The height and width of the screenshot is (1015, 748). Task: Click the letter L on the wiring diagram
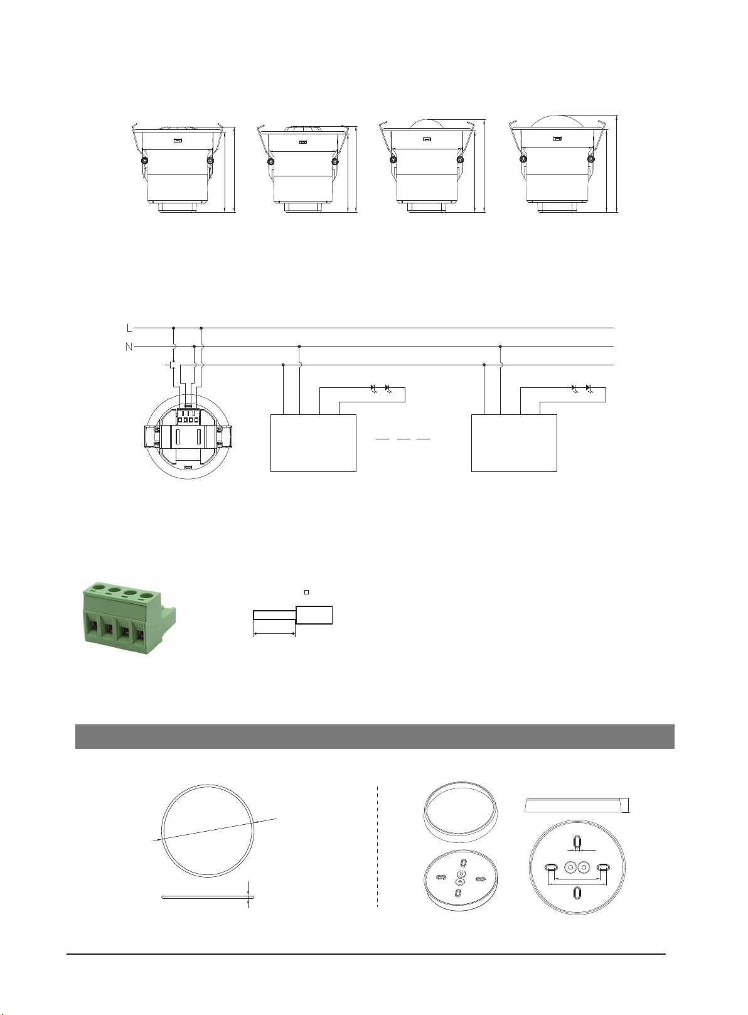pos(129,328)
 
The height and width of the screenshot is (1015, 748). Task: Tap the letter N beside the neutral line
pos(129,346)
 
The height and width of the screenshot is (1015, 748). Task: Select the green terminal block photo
pos(129,616)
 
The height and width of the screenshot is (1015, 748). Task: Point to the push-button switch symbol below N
pos(171,364)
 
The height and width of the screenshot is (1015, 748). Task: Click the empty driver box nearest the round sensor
pos(313,443)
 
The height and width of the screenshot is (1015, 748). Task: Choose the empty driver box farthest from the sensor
pos(514,443)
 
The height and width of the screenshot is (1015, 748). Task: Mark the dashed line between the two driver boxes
pos(403,439)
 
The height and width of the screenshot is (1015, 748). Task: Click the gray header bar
pos(375,736)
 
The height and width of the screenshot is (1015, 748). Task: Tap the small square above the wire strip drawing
pos(307,592)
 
